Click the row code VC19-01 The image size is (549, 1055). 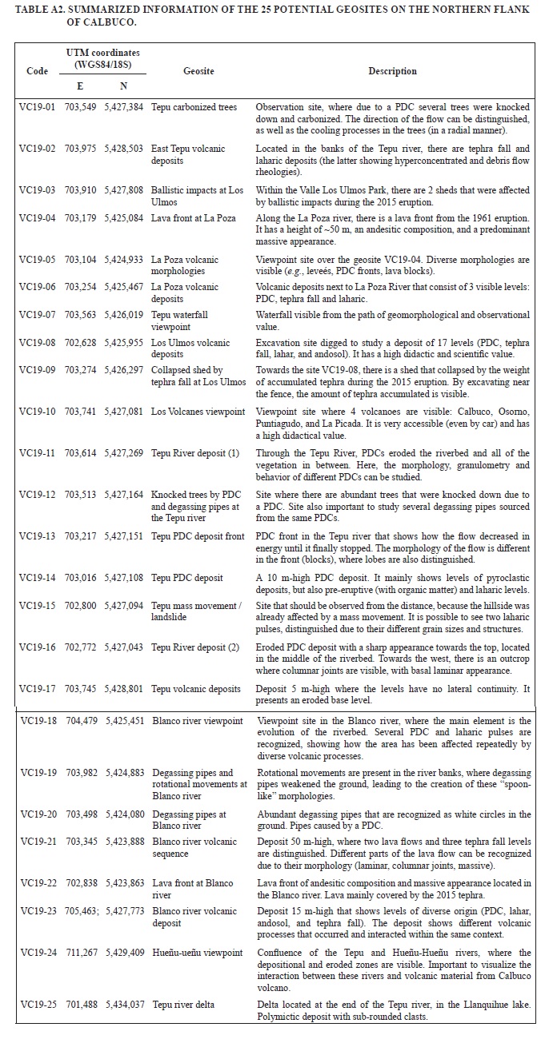pos(37,107)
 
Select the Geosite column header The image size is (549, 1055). pos(198,71)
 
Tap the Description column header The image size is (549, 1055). pos(392,71)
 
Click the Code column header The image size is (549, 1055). pos(37,71)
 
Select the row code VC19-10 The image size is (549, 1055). pos(37,412)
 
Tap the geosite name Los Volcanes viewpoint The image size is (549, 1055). pos(198,412)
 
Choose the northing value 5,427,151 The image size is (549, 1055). pos(124,536)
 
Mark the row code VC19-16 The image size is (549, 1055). pos(37,647)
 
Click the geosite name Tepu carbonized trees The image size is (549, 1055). pos(194,107)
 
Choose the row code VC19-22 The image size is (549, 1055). pos(37,882)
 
